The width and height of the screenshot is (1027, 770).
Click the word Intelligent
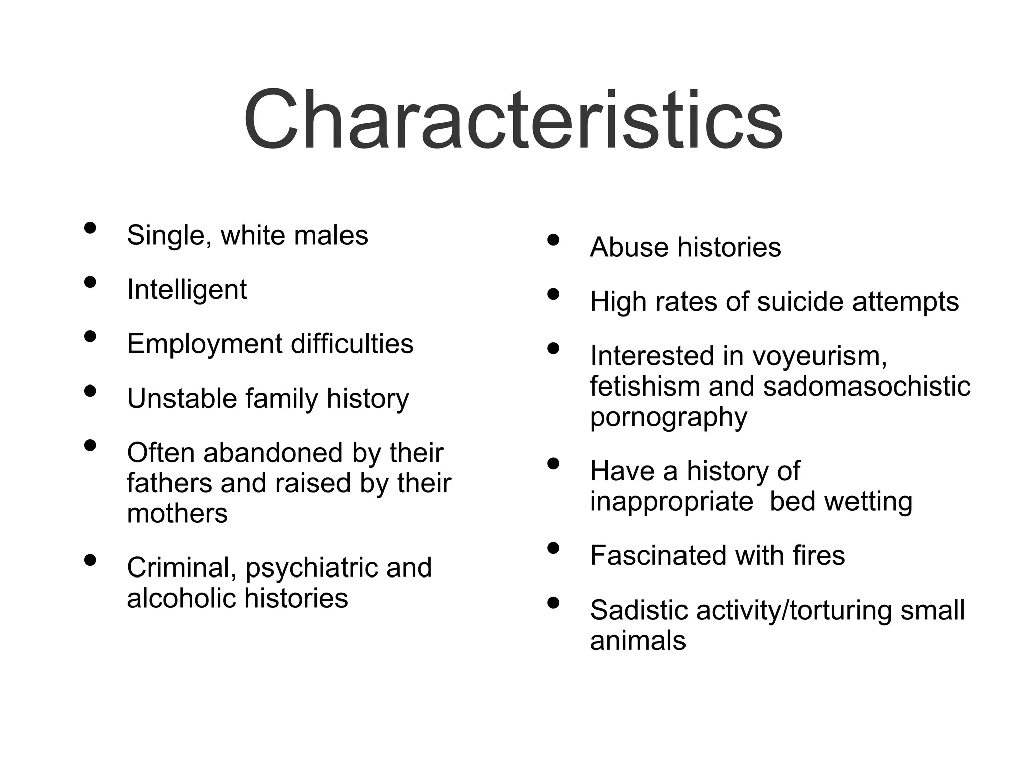click(x=187, y=290)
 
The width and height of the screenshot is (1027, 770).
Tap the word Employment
click(x=205, y=345)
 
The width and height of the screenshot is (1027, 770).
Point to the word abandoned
click(x=273, y=453)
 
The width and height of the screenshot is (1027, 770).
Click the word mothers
click(x=177, y=514)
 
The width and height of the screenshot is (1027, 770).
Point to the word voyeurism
click(x=819, y=356)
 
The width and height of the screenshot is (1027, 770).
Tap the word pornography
click(x=668, y=418)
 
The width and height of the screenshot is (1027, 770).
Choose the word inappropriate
click(x=671, y=502)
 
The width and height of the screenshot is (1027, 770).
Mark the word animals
click(x=638, y=641)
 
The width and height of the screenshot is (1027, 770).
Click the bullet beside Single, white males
click(x=90, y=228)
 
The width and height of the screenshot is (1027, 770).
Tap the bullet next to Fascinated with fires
click(x=553, y=548)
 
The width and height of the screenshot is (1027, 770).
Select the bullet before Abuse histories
click(x=553, y=240)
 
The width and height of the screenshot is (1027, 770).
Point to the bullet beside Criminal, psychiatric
click(x=90, y=560)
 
